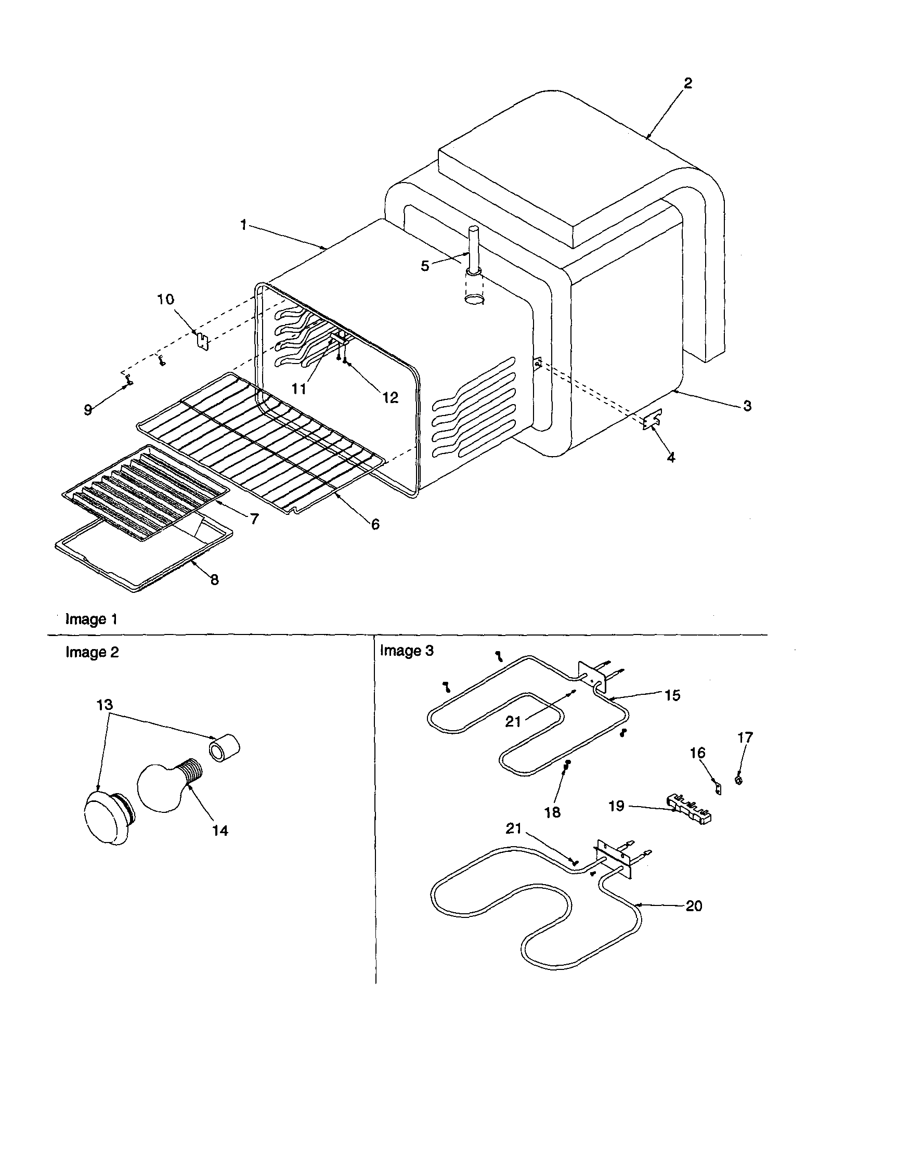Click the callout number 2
coord(687,83)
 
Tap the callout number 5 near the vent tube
coord(425,266)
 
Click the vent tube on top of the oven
coord(473,251)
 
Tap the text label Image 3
coord(407,651)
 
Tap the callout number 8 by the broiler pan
coord(215,579)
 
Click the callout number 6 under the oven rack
coord(375,524)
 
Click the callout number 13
coord(105,705)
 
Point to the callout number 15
coord(672,696)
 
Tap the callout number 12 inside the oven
coord(390,398)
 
